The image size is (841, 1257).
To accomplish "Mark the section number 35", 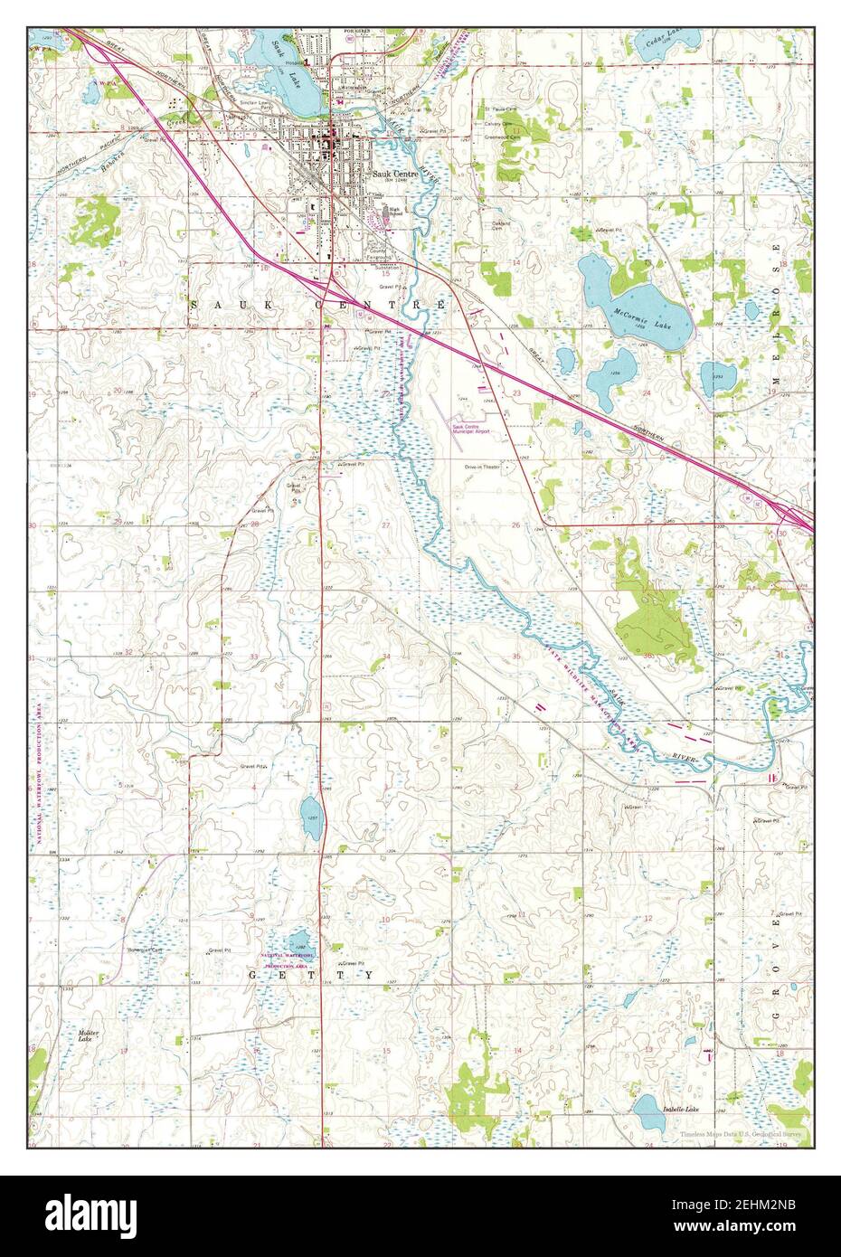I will click(x=515, y=655).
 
